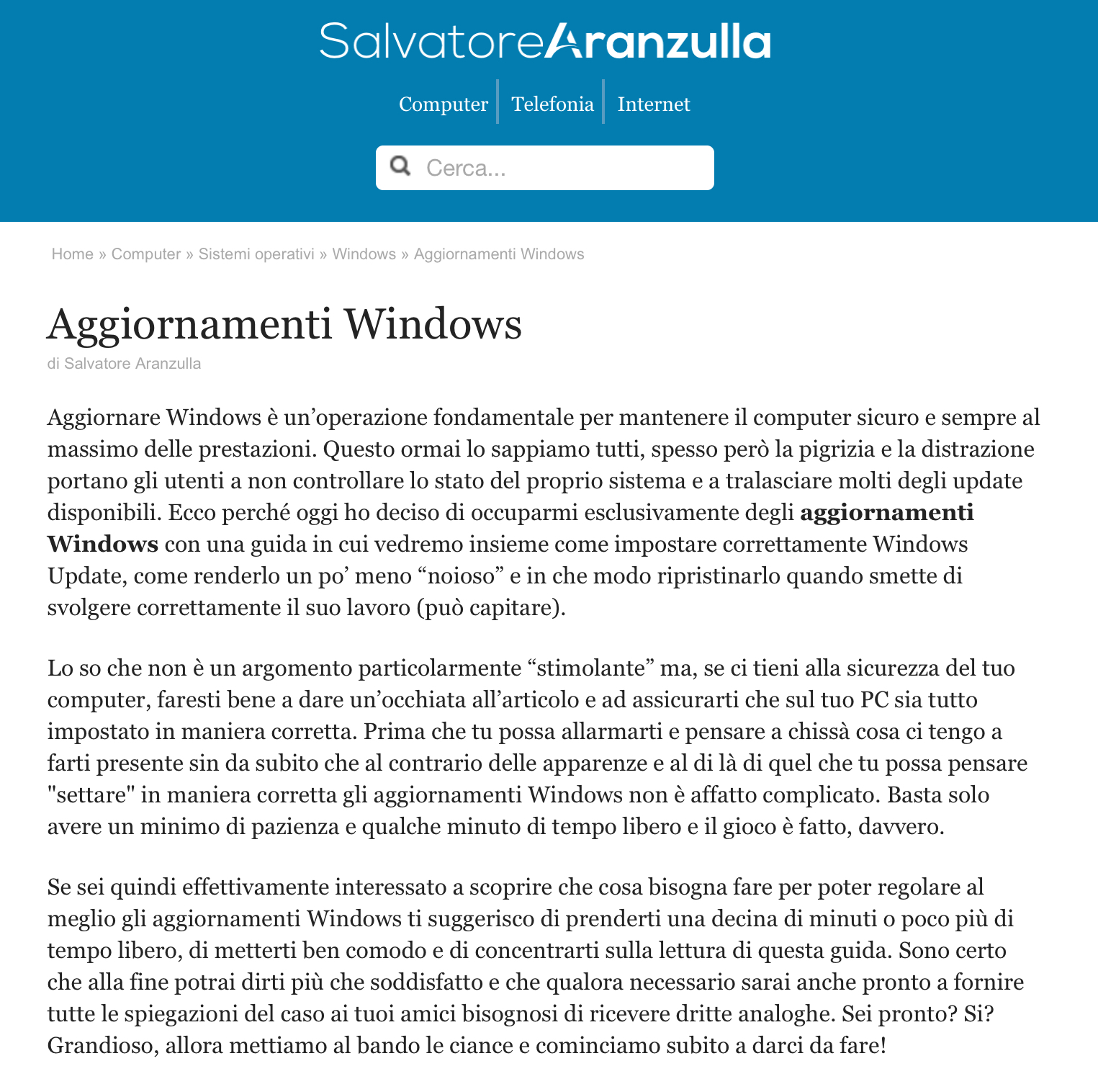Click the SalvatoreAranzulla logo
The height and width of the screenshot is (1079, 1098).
(x=545, y=41)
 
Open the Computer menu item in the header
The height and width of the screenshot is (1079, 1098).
(x=444, y=104)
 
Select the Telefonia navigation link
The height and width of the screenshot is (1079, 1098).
(x=552, y=104)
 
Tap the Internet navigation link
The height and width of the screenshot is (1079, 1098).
(x=654, y=104)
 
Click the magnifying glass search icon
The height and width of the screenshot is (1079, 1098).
(x=400, y=167)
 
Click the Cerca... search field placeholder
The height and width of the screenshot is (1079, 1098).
(x=467, y=169)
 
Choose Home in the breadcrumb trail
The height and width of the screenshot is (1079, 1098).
(x=72, y=254)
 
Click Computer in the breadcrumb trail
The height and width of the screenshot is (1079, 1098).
(x=146, y=254)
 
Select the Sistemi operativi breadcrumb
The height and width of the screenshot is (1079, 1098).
(x=256, y=254)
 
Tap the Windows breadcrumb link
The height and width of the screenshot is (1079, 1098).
(x=364, y=254)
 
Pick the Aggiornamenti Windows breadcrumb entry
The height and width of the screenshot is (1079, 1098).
(x=499, y=254)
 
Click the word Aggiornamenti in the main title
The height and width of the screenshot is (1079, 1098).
(x=189, y=324)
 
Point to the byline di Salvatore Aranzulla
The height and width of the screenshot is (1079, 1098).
(x=124, y=364)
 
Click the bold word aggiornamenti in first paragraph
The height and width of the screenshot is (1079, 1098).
(x=886, y=513)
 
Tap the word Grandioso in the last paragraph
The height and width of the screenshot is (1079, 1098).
(x=102, y=1046)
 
